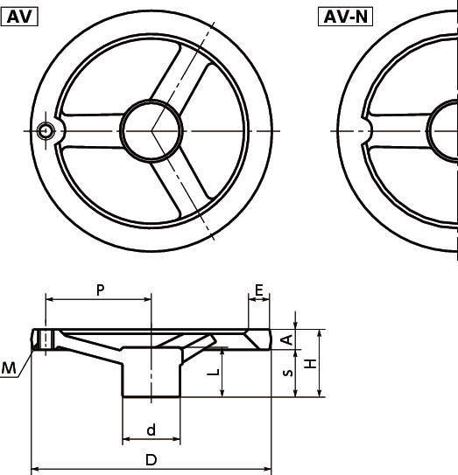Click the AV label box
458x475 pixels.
click(19, 17)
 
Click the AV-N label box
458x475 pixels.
click(345, 17)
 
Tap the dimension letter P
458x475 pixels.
click(100, 290)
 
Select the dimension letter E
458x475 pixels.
click(258, 290)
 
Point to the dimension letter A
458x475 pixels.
click(287, 339)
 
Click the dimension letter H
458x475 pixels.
click(310, 363)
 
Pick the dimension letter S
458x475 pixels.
click(287, 373)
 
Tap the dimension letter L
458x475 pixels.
click(213, 372)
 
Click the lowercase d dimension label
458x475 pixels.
click(151, 430)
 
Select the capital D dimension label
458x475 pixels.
click(151, 459)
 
